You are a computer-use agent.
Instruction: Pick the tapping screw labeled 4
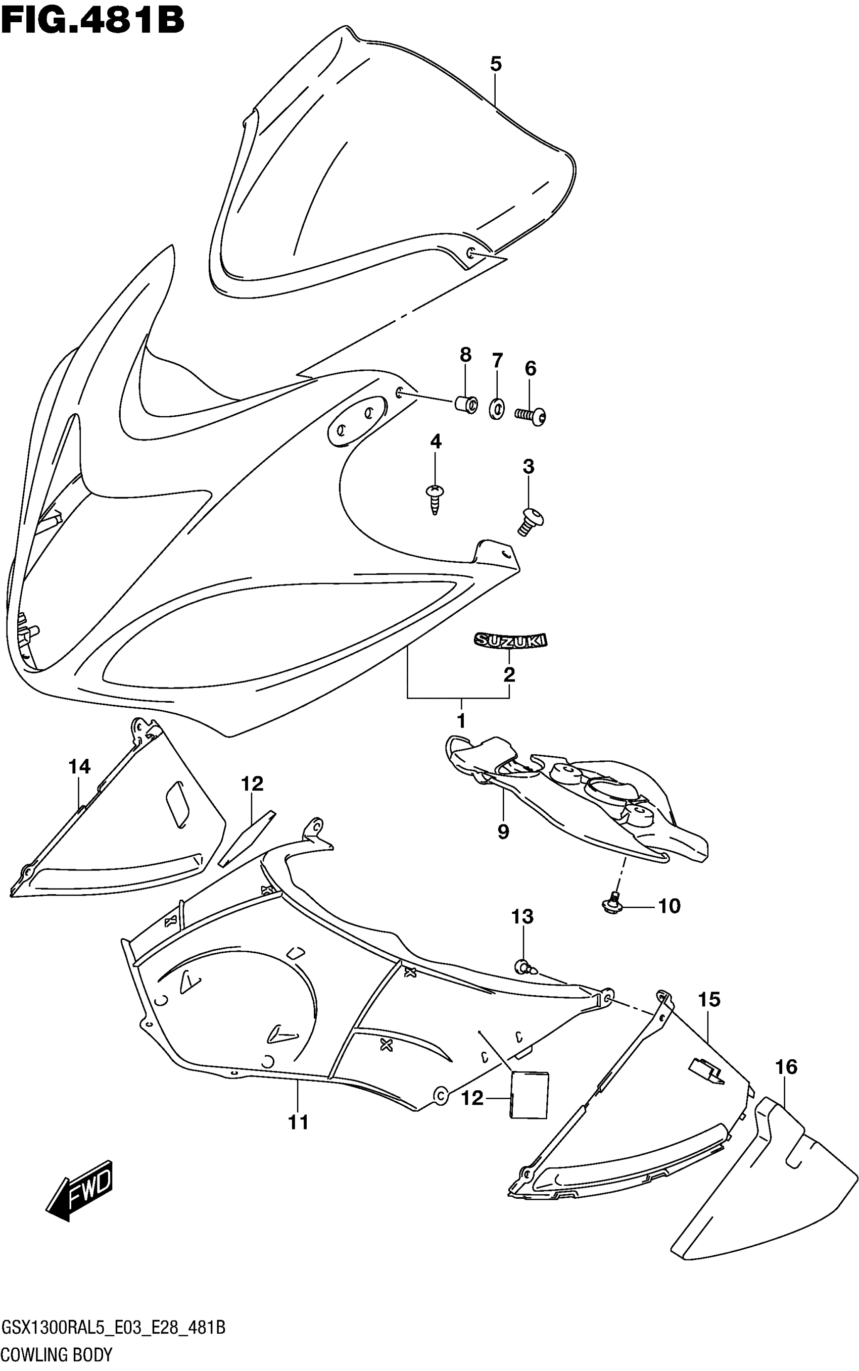[435, 498]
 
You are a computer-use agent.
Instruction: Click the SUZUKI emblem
[510, 640]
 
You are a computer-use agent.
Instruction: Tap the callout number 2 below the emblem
[509, 674]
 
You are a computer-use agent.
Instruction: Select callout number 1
[461, 721]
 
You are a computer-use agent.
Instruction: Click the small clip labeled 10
[612, 904]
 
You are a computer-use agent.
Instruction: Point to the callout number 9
[503, 832]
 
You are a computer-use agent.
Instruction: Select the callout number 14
[79, 767]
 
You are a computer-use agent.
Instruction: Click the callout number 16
[787, 1067]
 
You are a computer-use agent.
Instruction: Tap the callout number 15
[709, 1000]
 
